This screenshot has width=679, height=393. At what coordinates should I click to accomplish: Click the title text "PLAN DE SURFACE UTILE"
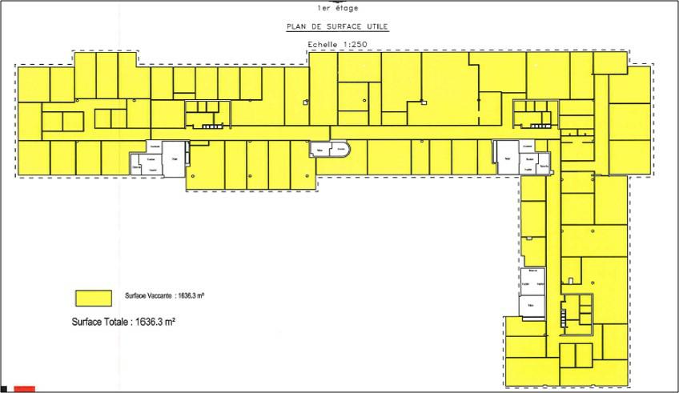click(x=337, y=26)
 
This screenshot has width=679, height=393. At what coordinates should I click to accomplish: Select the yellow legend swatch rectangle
click(x=93, y=297)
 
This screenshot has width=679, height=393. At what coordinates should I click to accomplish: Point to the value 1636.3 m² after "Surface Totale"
click(x=150, y=323)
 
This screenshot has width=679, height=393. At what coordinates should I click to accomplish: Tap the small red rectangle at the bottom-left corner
click(x=24, y=389)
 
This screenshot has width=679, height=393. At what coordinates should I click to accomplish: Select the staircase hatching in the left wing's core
click(x=212, y=126)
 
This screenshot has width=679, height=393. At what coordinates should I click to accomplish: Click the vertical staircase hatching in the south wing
click(x=563, y=317)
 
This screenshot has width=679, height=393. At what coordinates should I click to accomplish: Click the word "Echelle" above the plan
click(x=322, y=45)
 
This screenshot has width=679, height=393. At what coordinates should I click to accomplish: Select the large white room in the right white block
click(x=506, y=154)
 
